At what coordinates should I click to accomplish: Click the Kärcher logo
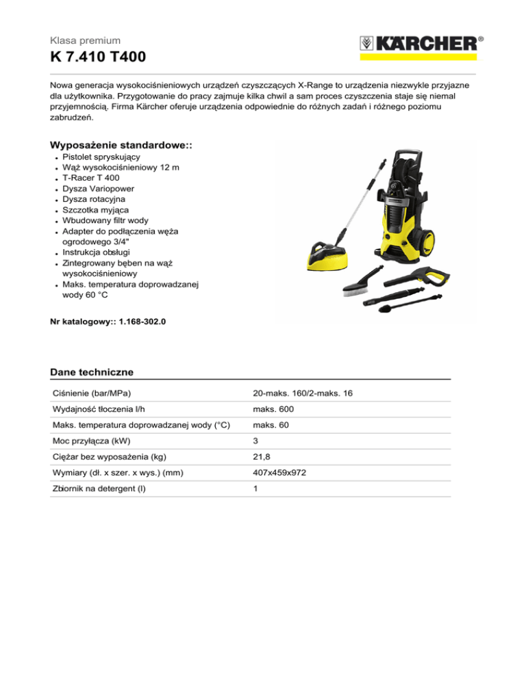(x=417, y=44)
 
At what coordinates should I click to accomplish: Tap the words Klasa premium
(x=85, y=41)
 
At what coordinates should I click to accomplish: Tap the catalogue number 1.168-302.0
(x=138, y=319)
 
